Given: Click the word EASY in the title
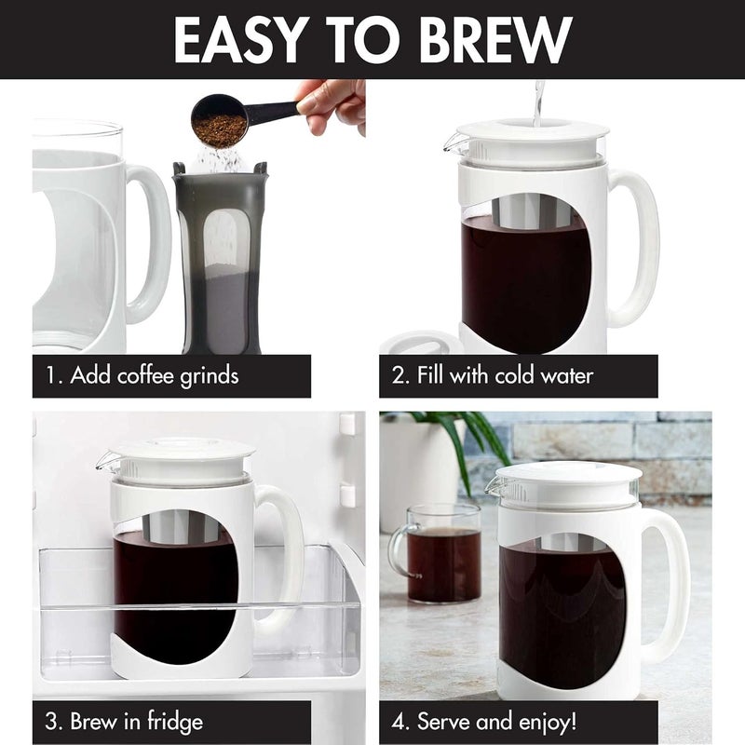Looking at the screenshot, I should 241,39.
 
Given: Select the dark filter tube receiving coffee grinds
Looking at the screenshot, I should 219,261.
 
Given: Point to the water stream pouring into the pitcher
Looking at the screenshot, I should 536,101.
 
